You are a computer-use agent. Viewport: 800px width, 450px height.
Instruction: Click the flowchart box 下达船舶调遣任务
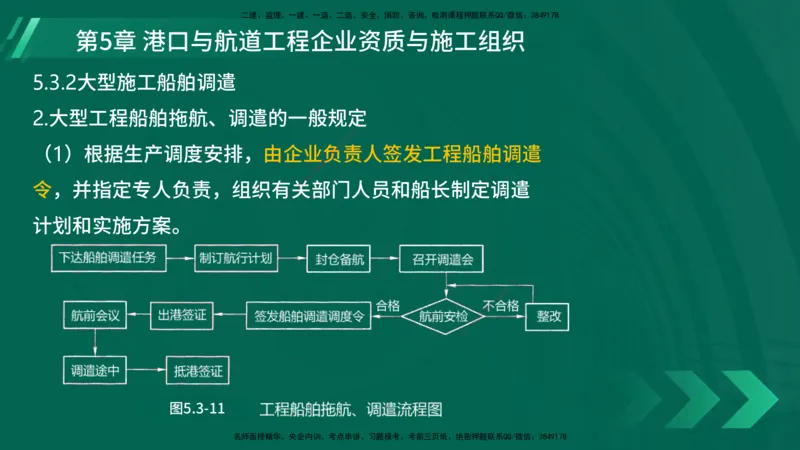coord(108,259)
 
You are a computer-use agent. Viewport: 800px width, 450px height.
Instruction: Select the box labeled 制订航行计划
coord(234,259)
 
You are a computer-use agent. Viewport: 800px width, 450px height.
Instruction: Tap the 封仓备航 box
coord(338,259)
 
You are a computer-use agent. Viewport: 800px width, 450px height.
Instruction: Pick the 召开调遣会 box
coord(441,259)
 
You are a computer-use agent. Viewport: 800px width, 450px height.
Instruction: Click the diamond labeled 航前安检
coord(442,316)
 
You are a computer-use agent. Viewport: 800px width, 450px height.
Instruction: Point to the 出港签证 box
coord(184,316)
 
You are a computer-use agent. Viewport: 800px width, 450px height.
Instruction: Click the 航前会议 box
coord(95,316)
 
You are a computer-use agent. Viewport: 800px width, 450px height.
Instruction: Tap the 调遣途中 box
coord(95,370)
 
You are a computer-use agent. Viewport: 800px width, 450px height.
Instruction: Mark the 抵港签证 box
coord(198,370)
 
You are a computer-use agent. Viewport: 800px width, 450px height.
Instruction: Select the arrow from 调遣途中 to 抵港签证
coord(146,370)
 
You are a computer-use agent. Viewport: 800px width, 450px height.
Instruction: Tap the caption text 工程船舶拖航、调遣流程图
coord(350,408)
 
